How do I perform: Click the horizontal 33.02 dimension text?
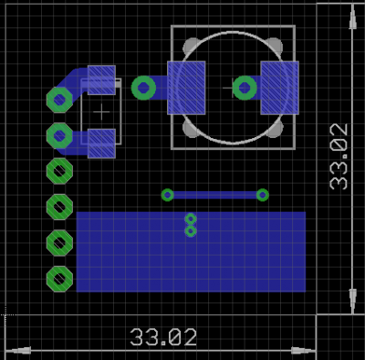tap(163, 337)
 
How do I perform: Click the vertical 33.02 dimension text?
tap(339, 156)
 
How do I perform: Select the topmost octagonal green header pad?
tap(59, 100)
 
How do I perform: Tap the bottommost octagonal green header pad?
tap(59, 279)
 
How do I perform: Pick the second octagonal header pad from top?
tap(59, 135)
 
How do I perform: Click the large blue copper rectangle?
tap(191, 252)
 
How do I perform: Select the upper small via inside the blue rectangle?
tap(191, 218)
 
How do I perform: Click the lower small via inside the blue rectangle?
tap(191, 231)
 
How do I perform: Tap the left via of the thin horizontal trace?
tap(167, 195)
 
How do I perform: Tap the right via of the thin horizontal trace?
tap(263, 195)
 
